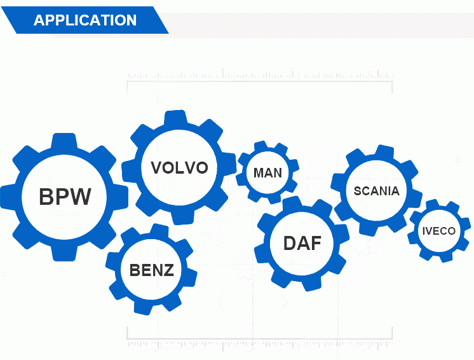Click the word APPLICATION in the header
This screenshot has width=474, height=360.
point(85,20)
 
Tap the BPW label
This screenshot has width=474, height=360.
point(65,197)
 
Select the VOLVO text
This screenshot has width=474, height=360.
point(180,167)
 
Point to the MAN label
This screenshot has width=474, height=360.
point(267,173)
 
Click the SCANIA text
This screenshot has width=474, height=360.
point(376,191)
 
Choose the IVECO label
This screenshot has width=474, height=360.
point(438,231)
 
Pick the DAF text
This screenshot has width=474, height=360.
point(302,243)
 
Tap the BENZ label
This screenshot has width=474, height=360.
point(151,270)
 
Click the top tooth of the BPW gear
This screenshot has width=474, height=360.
point(64,141)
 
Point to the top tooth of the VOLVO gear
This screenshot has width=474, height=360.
point(175,118)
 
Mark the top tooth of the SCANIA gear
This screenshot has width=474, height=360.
point(383,153)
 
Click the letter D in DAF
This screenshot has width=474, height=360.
point(290,243)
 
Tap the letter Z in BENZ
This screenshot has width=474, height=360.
point(168,270)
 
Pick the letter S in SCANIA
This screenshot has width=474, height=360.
point(357,191)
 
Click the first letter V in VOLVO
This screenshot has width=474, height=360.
point(156,167)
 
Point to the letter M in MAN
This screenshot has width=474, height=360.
point(259,173)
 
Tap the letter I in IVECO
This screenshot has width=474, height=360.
point(424,231)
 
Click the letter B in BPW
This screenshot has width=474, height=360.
point(46,197)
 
